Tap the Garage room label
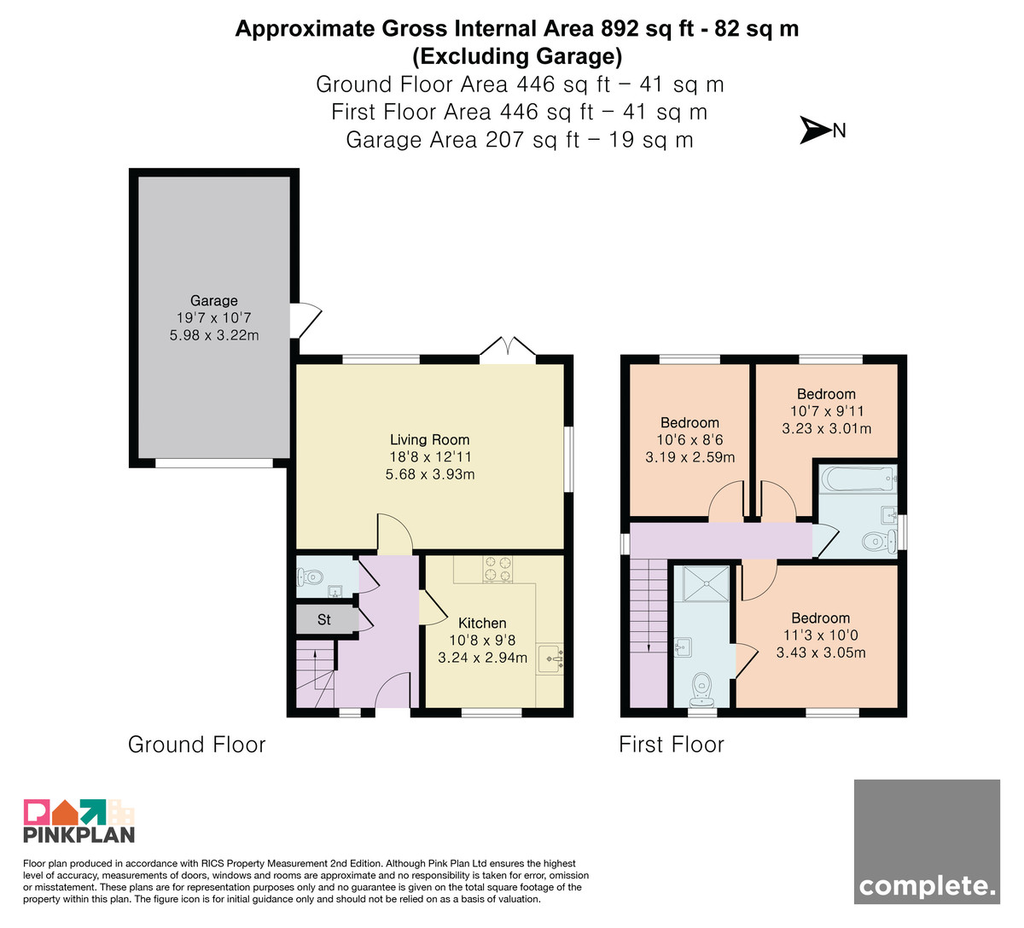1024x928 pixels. pos(214,300)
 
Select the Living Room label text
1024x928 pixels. pos(430,439)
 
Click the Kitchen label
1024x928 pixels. pos(482,623)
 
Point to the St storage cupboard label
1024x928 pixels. pos(324,620)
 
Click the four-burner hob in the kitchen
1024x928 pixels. pos(497,569)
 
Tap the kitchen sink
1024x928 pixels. pos(550,658)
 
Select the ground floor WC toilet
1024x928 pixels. pos(311,577)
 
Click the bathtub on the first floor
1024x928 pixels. pos(858,478)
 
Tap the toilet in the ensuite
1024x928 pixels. pos(702,690)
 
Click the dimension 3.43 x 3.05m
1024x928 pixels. pos(821,652)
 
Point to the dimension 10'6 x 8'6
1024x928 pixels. pos(689,439)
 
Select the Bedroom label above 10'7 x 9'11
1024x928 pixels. pos(826,393)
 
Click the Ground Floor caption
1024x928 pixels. pos(197,745)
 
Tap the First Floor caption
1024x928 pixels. pos(672,745)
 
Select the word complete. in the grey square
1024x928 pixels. pos(928,886)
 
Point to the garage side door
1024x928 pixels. pos(305,321)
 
